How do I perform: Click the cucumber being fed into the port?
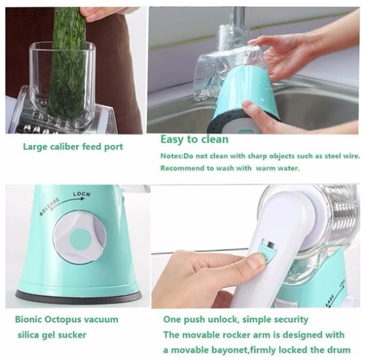point(68,63)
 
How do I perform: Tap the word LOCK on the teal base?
point(82,194)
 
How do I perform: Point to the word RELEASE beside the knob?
point(50,207)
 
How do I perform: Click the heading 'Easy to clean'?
point(195,139)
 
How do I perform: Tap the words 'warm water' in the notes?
point(277,168)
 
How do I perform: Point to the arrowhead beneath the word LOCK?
point(82,199)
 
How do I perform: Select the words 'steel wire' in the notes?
point(342,156)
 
